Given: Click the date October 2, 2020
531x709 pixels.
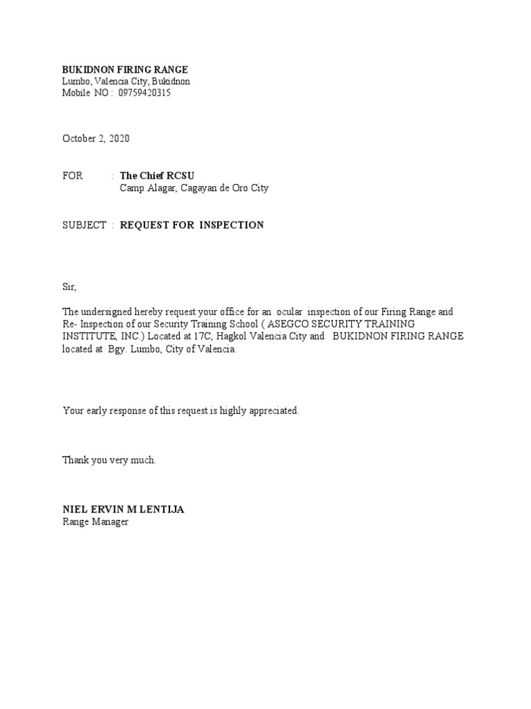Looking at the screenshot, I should (x=95, y=138).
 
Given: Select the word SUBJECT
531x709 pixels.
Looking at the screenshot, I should (x=84, y=225).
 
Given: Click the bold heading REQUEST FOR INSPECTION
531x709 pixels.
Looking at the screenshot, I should (x=192, y=225).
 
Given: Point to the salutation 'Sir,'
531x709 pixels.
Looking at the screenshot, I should (x=70, y=287).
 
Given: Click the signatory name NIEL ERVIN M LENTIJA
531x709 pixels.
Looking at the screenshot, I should (x=124, y=510).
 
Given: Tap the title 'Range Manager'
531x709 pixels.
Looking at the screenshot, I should (x=95, y=522).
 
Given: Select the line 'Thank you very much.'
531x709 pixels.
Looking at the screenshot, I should (x=109, y=460).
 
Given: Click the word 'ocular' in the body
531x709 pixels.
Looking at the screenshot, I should (x=290, y=312).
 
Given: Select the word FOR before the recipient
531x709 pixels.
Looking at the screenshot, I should (x=73, y=176).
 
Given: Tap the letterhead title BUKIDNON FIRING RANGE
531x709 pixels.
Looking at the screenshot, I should (x=125, y=70).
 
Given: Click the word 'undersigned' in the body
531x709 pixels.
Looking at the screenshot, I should (x=109, y=312).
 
